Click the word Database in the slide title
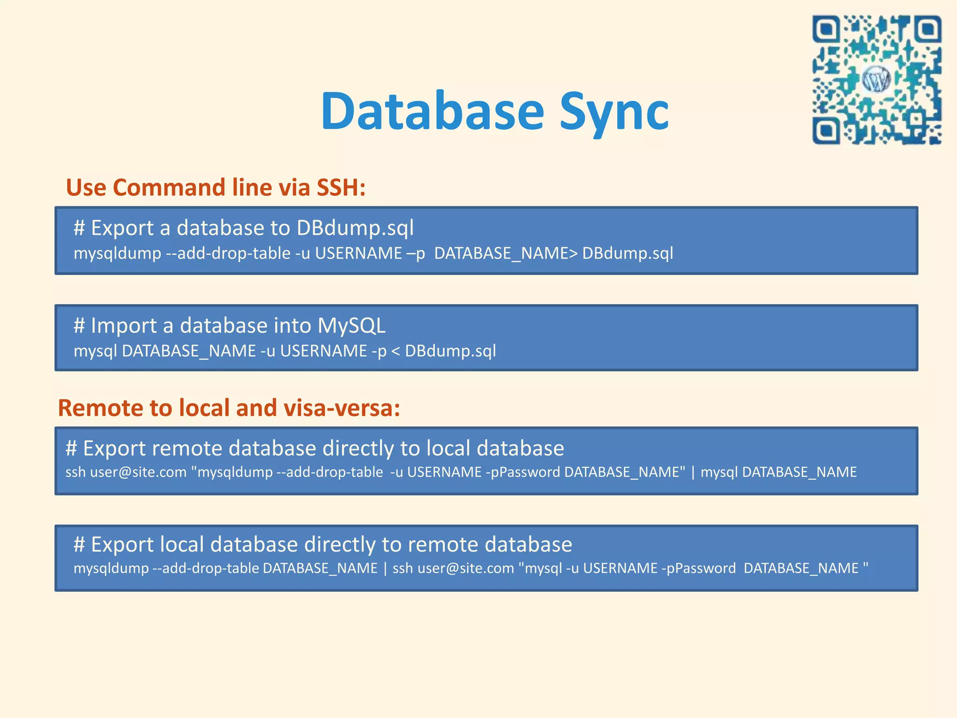point(432,111)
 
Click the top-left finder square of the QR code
point(827,30)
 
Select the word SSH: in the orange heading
point(341,187)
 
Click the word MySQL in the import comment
point(351,325)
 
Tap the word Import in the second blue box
point(123,325)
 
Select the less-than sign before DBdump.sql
point(395,351)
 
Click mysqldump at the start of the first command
point(117,253)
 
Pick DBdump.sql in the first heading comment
point(355,228)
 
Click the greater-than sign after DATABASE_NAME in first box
point(573,253)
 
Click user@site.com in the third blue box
point(138,472)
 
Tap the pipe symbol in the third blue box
point(693,472)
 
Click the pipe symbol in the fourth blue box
point(385,568)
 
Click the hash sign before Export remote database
point(71,448)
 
